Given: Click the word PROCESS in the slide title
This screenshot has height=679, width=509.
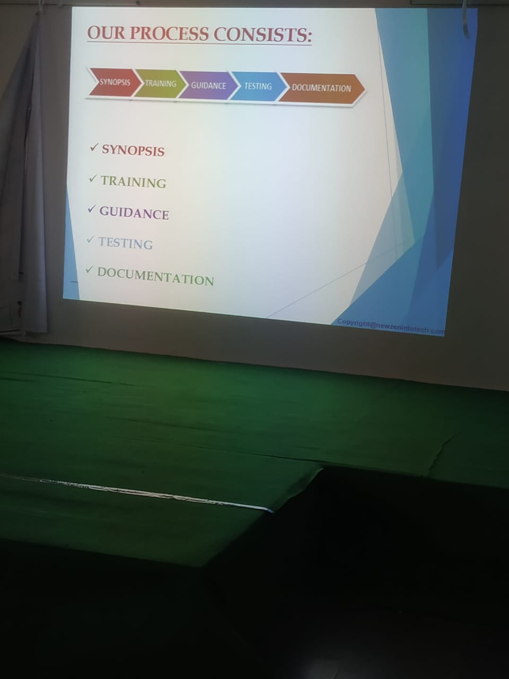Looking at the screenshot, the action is [x=169, y=33].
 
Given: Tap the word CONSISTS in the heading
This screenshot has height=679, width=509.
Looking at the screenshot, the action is [x=262, y=34].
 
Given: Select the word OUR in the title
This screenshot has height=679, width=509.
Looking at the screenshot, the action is [x=106, y=33].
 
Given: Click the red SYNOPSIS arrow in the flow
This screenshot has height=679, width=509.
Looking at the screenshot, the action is [x=115, y=83].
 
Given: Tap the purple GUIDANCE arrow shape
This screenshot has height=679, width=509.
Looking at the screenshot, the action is [x=208, y=86].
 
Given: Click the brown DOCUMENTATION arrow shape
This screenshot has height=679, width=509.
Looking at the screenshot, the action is [x=321, y=88].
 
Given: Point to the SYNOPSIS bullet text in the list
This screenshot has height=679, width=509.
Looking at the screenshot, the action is [x=133, y=151].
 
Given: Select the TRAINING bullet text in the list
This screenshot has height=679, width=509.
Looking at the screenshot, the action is [x=134, y=182].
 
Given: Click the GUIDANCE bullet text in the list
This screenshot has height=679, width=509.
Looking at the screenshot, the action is [x=134, y=213].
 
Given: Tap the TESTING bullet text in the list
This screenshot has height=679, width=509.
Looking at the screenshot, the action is [x=126, y=243].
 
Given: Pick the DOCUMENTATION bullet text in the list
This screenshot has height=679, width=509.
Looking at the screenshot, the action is [x=155, y=276].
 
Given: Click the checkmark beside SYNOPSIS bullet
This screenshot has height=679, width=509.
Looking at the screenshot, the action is [x=94, y=148].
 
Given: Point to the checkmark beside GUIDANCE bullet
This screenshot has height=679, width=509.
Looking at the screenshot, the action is [x=92, y=209].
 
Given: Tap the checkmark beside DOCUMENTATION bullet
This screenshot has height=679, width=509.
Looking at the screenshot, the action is [x=89, y=270].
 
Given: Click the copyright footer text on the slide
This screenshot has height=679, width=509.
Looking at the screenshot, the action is [x=391, y=327].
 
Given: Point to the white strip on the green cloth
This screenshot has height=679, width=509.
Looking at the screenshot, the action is [x=136, y=492].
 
